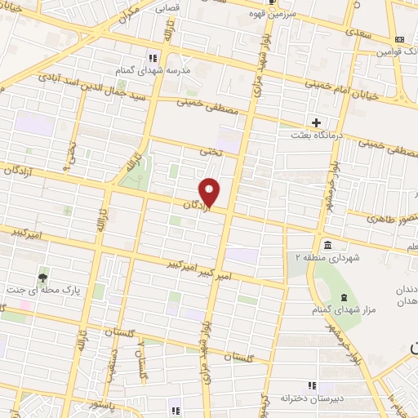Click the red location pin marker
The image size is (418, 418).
(x=210, y=192)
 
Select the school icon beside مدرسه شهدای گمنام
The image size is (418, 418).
(x=152, y=57)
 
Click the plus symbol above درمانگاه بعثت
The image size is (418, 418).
(x=315, y=122)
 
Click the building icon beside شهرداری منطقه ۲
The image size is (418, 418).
(x=327, y=246)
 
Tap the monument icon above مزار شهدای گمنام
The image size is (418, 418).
(x=342, y=297)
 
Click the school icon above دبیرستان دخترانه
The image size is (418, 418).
(x=310, y=385)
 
